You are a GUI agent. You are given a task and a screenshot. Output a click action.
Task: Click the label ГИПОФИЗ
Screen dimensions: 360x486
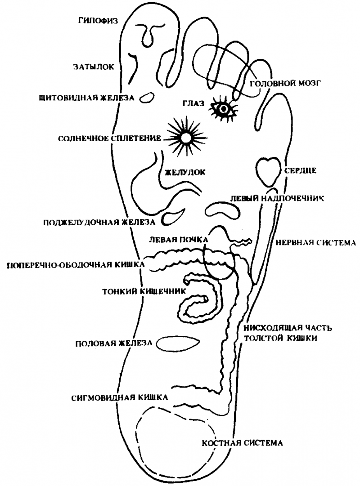pos(98,21)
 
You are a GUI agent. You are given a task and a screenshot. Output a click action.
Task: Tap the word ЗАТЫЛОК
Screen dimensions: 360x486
pos(94,67)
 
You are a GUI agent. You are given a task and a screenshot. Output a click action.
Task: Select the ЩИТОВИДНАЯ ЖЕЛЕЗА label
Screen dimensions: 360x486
pos(86,98)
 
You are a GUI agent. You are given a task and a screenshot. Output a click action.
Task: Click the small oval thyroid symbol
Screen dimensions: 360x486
pos(146,97)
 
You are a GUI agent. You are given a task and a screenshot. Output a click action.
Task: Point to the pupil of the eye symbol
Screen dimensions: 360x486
pos(224,109)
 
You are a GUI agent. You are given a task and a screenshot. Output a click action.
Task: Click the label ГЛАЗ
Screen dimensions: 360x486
pos(193,103)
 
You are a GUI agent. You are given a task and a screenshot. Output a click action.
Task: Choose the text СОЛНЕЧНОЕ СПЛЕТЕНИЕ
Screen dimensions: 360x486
pos(109,138)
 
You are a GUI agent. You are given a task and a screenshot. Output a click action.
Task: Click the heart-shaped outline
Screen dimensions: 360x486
pos(268,171)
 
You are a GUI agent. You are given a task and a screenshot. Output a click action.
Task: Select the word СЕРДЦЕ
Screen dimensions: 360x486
pos(301,171)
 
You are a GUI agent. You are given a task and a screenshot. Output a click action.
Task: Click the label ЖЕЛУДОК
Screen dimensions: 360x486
pos(185,172)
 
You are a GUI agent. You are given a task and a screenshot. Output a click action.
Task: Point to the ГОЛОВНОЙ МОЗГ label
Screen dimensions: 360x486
pos(285,83)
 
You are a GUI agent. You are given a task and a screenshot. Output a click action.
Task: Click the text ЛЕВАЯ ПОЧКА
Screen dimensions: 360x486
pos(179,240)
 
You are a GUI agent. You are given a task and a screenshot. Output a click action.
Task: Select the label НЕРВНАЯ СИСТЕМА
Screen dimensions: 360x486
pos(315,242)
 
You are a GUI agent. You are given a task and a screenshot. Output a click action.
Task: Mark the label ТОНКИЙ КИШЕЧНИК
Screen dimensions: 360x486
pos(144,291)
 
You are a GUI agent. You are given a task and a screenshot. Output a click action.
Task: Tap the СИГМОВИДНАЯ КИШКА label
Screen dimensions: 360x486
pos(120,398)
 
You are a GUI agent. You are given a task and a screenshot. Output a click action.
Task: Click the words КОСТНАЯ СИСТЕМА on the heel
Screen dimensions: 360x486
pos(243,443)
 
